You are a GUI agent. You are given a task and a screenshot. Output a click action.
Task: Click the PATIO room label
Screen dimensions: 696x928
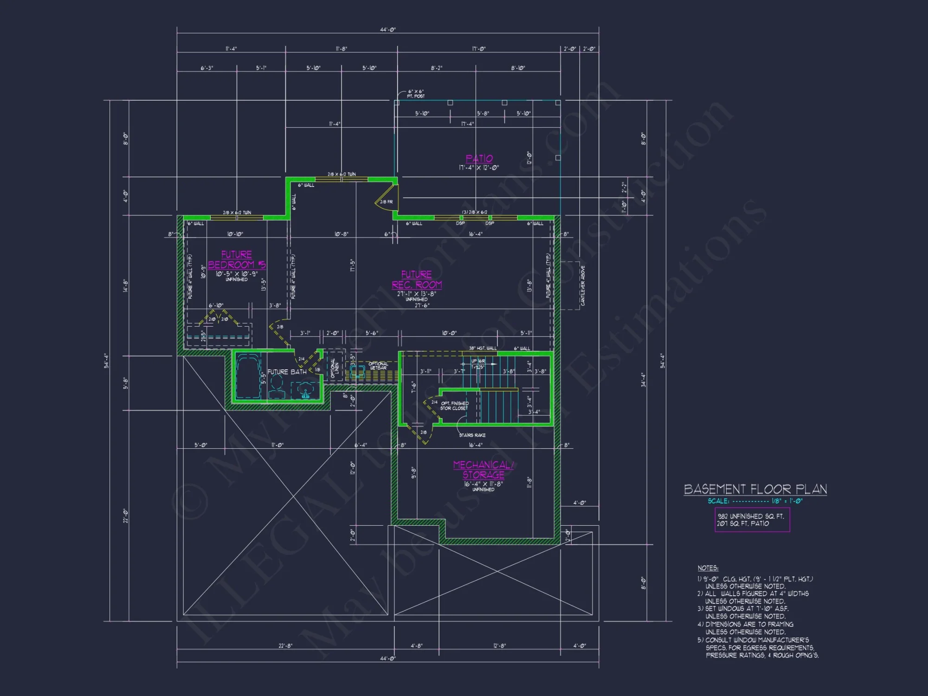[x=479, y=159]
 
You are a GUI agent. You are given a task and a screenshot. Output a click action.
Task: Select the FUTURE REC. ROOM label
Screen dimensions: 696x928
[x=417, y=280]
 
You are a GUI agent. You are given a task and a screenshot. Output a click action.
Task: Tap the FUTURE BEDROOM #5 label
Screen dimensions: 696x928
[x=237, y=260]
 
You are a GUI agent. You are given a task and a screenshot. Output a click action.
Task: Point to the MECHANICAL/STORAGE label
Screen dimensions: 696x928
[x=483, y=470]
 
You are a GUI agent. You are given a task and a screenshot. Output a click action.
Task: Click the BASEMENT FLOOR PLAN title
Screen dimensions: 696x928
[x=755, y=489]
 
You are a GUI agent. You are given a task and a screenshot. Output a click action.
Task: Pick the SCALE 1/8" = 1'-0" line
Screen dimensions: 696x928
[x=755, y=501]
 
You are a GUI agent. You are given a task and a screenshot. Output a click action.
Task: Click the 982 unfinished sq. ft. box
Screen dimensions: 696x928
[x=752, y=520]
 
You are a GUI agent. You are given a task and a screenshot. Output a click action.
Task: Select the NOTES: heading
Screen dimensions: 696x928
[x=708, y=568]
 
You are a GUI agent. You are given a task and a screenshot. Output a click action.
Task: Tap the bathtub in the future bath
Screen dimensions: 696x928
[x=248, y=376]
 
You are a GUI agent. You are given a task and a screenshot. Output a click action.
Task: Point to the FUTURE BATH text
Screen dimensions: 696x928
[x=287, y=372]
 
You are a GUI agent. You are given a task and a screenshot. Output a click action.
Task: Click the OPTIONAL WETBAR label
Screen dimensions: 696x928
[x=378, y=366]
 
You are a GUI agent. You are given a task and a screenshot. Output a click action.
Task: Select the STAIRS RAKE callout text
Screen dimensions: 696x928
[x=472, y=435]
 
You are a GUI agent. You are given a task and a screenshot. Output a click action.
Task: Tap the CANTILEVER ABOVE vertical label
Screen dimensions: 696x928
[x=583, y=285]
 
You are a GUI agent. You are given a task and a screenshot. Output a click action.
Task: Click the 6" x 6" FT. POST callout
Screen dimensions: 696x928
[x=416, y=94]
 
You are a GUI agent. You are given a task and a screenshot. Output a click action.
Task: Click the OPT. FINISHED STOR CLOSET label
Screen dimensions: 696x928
[x=454, y=406]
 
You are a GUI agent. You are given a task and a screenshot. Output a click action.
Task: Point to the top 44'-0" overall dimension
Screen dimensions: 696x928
[x=388, y=30]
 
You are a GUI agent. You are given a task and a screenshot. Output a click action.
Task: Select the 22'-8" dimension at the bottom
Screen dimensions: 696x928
[x=285, y=646]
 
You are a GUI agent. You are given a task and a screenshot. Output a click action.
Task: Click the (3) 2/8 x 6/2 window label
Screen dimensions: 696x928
[x=474, y=212]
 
